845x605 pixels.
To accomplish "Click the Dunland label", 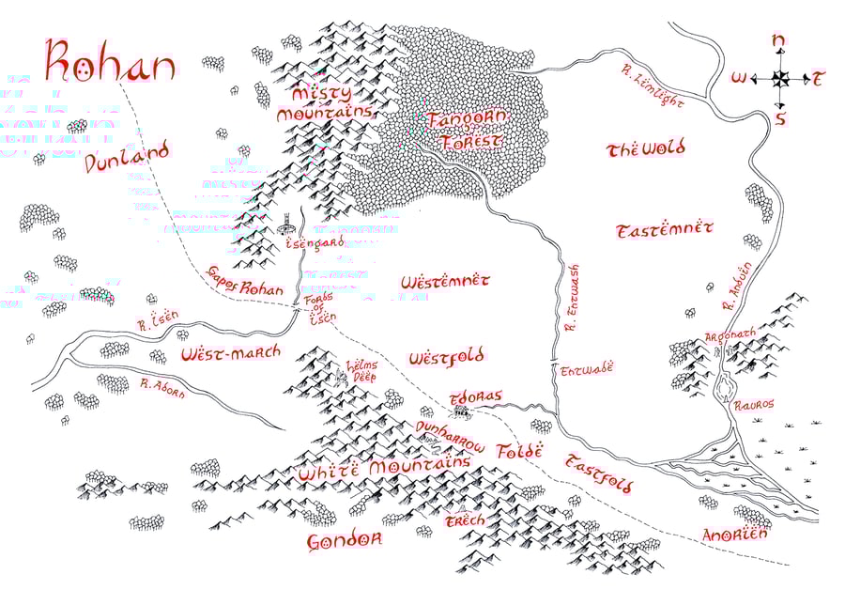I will coord(127,157).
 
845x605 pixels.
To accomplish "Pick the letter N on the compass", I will coord(777,40).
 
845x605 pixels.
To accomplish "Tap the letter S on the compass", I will coord(779,117).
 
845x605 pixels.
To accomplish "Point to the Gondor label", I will coord(345,541).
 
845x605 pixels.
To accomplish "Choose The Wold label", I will coord(646,148).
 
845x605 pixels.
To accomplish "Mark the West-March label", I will coord(230,353).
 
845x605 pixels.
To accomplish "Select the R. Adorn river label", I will coord(162,387).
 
